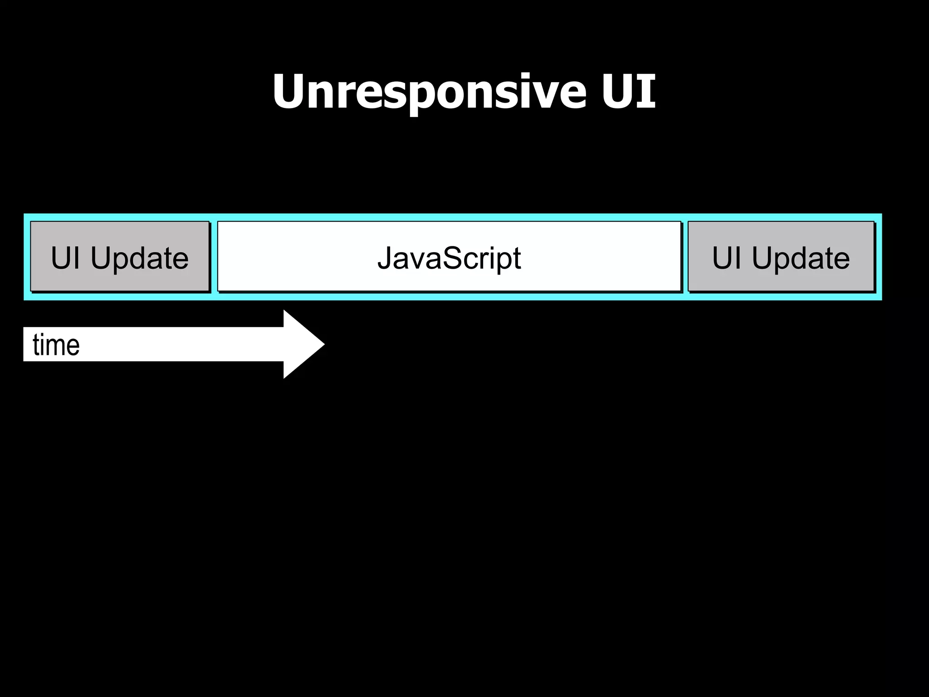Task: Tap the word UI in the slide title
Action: tap(629, 92)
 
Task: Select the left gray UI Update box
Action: tap(120, 257)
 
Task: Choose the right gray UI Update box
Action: tap(781, 257)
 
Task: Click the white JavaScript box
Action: tap(449, 257)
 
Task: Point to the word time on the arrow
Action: tap(56, 345)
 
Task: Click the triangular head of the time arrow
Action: tap(301, 344)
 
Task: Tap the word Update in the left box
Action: tap(139, 258)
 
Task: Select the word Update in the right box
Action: tap(801, 258)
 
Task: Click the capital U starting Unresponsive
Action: tap(290, 92)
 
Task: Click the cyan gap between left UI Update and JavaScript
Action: tap(214, 257)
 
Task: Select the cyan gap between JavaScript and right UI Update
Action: tap(685, 257)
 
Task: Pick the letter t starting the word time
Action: tap(36, 345)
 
